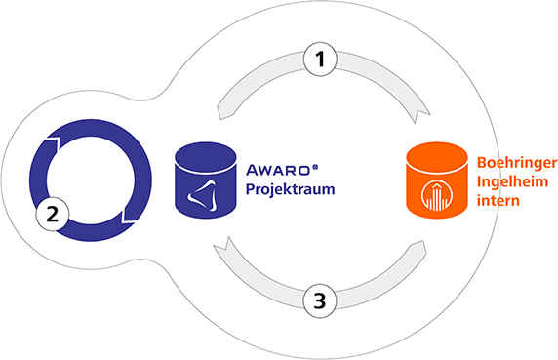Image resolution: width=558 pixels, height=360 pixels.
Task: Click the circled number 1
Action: coord(320,60)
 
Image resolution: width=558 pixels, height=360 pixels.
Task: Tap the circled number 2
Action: coord(53,215)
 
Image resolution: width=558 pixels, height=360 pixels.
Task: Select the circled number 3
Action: coord(320,300)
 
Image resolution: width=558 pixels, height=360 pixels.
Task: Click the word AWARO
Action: coord(278,170)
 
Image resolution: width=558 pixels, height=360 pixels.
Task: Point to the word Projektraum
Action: coord(290,189)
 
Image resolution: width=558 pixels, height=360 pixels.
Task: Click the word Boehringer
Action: coord(517,163)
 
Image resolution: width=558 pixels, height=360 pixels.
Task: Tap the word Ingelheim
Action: coord(512,181)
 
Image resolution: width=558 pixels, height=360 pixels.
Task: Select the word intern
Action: coord(498,200)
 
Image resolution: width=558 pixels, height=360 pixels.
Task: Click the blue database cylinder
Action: coord(206,180)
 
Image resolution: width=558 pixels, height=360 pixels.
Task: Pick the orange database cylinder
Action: coord(437,180)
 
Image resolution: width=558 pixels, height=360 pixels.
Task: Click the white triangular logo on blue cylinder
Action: coord(202,196)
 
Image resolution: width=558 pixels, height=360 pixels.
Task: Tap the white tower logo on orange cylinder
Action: coord(437,196)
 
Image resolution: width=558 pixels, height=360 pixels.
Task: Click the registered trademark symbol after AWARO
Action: coord(315,167)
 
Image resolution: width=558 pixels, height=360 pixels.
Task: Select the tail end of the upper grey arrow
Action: coord(219,112)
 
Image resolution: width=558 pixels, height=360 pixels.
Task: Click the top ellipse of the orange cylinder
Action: coord(437,158)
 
